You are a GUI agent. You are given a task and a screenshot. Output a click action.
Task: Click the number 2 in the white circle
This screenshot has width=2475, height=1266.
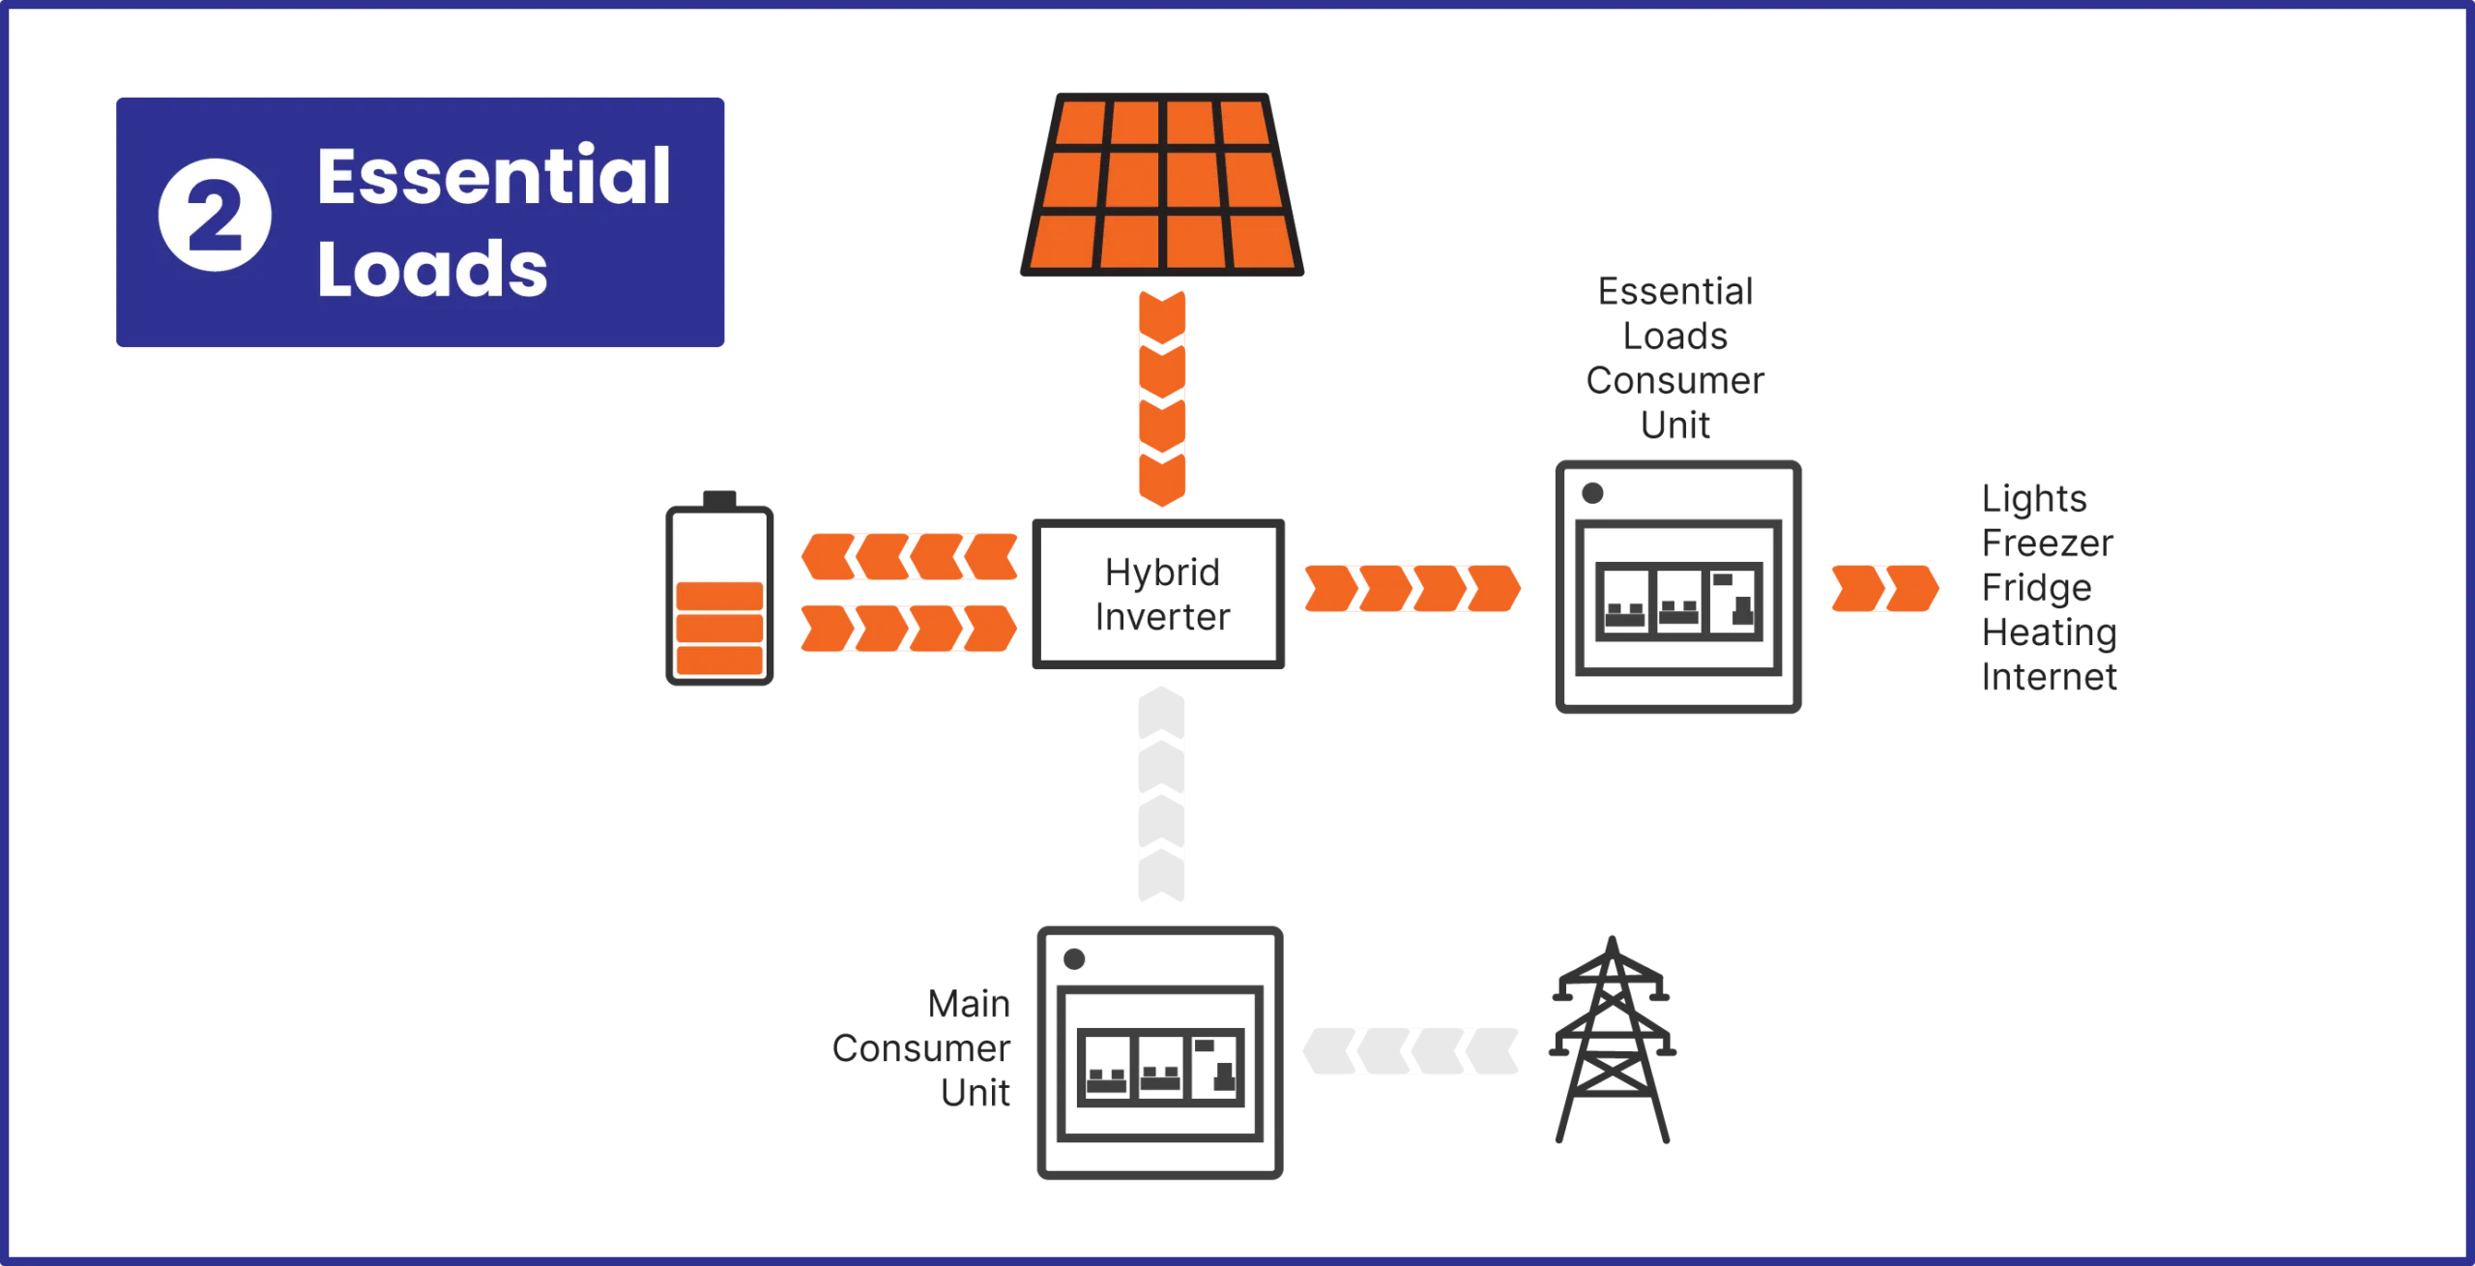[215, 215]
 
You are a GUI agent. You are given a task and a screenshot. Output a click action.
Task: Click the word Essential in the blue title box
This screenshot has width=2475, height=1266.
[493, 177]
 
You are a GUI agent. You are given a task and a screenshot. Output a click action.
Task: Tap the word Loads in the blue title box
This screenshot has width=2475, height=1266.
[432, 269]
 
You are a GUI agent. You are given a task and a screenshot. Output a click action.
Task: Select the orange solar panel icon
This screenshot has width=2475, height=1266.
[1161, 183]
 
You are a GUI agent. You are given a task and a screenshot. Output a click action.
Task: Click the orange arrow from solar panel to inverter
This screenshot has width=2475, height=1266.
[1163, 397]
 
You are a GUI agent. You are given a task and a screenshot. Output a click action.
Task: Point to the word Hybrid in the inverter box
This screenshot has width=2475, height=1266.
[1162, 573]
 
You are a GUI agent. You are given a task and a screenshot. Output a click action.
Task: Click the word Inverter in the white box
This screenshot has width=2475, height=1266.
[1162, 617]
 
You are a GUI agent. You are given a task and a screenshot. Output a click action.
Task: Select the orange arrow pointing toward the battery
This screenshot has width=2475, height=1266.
[909, 555]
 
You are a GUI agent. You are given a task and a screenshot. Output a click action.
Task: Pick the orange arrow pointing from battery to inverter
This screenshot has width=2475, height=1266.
[909, 630]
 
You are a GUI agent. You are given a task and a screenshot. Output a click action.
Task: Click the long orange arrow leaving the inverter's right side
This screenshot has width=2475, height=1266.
[1411, 590]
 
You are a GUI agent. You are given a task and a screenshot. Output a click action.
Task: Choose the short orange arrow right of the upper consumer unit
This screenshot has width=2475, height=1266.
[1882, 590]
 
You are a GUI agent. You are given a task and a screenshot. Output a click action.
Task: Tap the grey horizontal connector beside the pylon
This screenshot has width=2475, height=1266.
[1411, 1047]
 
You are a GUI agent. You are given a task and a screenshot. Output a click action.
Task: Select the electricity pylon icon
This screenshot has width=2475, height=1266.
[1612, 1040]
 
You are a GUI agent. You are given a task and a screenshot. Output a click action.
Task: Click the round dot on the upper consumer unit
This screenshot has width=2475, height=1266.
[1592, 493]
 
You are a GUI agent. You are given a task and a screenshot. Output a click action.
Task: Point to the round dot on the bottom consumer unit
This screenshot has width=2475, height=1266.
[1073, 959]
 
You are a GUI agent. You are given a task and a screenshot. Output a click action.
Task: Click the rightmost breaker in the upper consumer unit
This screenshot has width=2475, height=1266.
[1734, 600]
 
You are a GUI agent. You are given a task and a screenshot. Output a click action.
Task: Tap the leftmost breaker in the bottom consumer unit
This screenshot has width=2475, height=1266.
[1106, 1066]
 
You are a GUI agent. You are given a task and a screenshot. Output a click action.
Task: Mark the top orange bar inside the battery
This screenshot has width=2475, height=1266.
[719, 596]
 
